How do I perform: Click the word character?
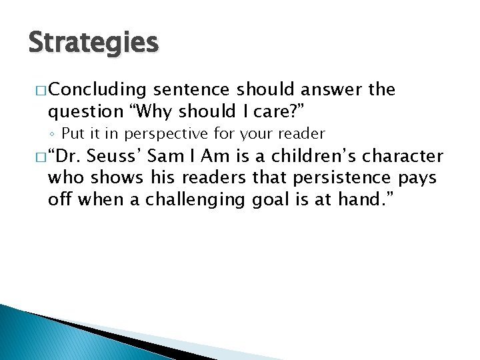[x=405, y=157]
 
